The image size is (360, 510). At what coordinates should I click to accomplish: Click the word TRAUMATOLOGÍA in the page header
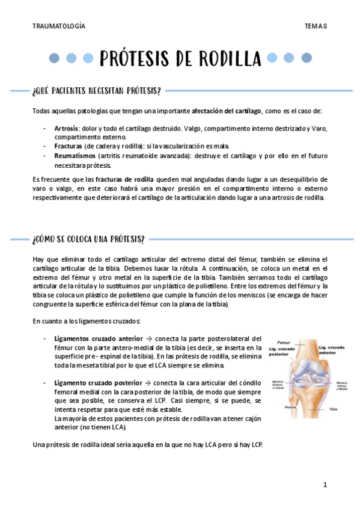coord(58,26)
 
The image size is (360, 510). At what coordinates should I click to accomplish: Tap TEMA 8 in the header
coord(316,26)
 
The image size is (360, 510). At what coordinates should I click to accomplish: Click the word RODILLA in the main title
coord(227,59)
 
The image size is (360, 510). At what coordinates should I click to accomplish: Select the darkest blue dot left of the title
coord(54,58)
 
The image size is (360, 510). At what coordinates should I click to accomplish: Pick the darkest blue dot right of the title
coord(307,58)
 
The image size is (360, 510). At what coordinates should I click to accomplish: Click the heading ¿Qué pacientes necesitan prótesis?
coord(97,91)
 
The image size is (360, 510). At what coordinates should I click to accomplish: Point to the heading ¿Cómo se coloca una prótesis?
coord(88,239)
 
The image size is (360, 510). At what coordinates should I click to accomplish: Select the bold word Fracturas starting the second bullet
coord(68,146)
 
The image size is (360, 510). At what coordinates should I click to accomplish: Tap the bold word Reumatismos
coord(73,155)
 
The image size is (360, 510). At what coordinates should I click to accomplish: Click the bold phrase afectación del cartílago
coord(227,111)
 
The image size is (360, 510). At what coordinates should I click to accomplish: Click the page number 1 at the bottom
coord(325,484)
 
